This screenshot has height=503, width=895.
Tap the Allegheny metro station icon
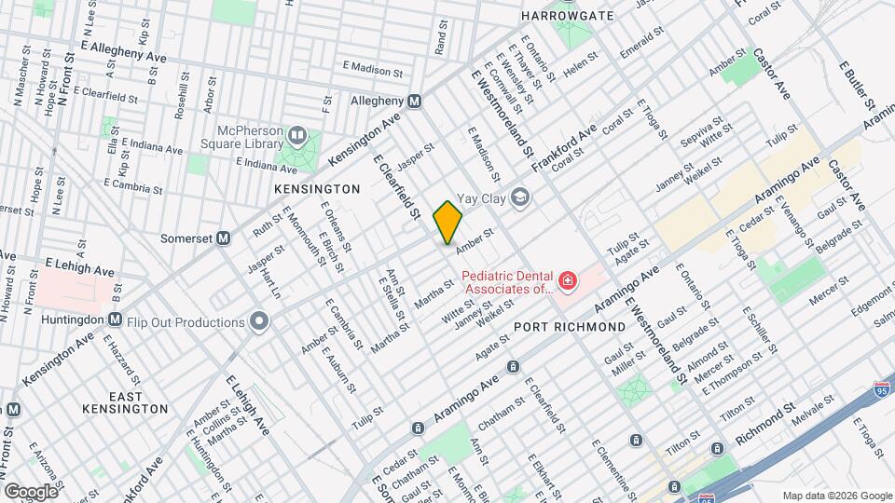pos(415,101)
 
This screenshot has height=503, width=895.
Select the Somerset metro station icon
pos(224,238)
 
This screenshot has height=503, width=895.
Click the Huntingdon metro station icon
pos(115,319)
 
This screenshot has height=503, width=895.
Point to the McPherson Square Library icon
pos(297,137)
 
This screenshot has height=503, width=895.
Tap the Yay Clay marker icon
pos(520,197)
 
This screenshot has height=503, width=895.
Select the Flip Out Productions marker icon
pos(258,322)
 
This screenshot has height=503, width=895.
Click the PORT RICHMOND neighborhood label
pos(570,327)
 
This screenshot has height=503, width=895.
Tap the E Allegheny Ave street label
pos(123,51)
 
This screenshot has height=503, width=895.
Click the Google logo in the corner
pos(30,491)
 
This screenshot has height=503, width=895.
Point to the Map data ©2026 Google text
pos(836,495)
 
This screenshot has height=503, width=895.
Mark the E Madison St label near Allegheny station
pos(372,68)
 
